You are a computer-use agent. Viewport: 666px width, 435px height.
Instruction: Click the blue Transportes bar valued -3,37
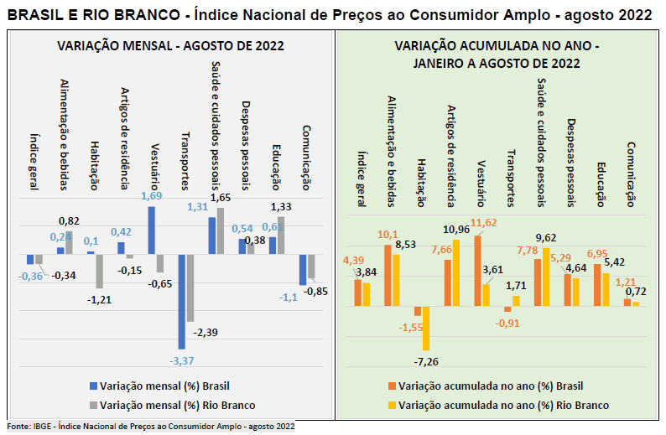coord(181,301)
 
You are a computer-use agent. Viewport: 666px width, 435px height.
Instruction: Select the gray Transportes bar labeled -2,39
coord(190,287)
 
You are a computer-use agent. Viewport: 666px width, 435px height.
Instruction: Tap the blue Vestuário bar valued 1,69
coord(151,230)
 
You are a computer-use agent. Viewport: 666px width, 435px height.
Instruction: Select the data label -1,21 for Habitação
coord(99,300)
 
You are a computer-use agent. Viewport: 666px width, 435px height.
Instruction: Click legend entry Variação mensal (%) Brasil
coord(164,386)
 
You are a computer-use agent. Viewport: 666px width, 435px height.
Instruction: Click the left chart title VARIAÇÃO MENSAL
coord(170,46)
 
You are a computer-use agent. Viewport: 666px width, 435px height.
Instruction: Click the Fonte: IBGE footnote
coord(151,427)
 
